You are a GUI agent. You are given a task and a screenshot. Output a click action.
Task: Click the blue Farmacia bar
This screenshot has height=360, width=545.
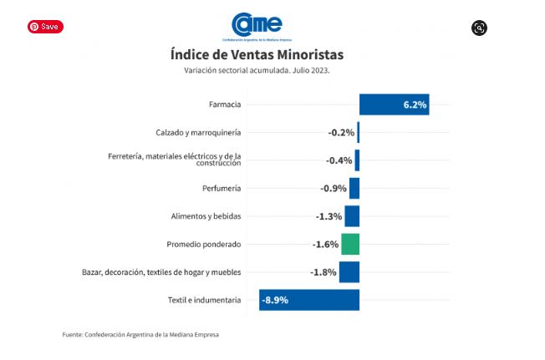(394, 104)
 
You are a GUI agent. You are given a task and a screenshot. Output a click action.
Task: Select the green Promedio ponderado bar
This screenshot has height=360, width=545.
(350, 244)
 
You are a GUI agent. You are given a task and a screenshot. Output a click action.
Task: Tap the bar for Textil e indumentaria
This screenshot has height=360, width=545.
(309, 300)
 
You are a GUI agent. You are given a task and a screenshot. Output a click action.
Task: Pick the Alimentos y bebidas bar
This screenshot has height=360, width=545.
(352, 216)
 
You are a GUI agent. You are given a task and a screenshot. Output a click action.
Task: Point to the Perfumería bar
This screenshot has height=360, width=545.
(354, 188)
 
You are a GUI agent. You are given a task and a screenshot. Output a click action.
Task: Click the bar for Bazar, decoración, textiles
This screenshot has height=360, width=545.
(349, 272)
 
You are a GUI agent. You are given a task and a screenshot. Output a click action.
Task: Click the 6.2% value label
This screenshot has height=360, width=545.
(415, 105)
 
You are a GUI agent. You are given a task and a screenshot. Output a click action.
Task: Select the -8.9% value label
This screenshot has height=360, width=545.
(275, 300)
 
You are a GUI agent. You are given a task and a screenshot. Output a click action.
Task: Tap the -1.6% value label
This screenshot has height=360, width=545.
(326, 245)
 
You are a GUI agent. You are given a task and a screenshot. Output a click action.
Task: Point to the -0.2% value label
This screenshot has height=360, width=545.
(340, 133)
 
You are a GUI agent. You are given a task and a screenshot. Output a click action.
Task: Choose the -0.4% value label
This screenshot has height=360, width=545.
(339, 160)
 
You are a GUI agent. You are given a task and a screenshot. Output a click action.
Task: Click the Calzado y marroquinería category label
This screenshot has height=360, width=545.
(198, 133)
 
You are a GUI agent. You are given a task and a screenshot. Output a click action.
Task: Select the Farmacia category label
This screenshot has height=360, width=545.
(225, 104)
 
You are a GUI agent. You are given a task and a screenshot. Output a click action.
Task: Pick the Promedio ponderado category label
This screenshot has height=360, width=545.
(204, 244)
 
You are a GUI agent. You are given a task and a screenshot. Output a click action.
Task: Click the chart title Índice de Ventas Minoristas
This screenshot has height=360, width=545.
(257, 54)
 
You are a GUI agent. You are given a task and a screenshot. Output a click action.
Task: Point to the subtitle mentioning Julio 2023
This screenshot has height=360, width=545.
(257, 70)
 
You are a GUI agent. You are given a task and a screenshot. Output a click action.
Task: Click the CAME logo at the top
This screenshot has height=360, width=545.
(257, 25)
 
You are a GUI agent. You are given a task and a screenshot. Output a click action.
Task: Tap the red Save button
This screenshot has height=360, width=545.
(44, 27)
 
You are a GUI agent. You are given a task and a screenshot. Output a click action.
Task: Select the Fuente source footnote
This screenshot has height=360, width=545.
(140, 335)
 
